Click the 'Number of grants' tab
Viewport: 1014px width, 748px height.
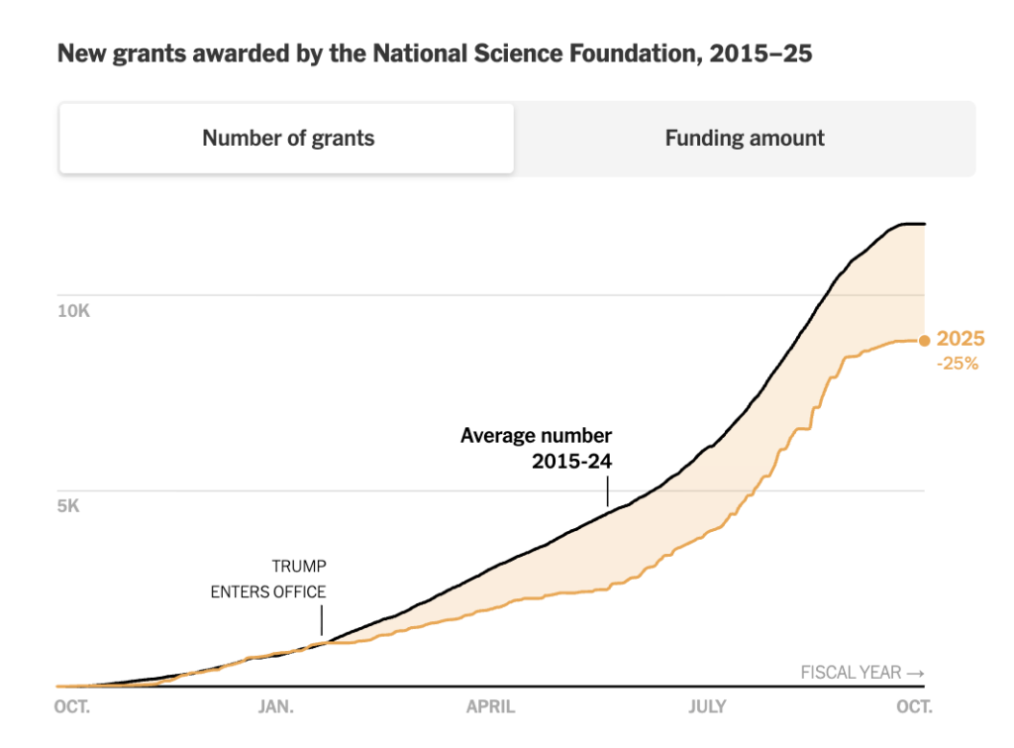pos(286,139)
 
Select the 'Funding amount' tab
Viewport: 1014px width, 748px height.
pos(745,139)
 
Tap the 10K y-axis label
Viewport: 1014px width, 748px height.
pos(73,311)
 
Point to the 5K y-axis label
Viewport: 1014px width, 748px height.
pos(68,506)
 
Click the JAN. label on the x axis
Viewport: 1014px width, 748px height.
pos(276,706)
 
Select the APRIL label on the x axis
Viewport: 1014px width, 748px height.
pos(491,706)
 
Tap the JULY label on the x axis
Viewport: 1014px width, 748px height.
pos(707,706)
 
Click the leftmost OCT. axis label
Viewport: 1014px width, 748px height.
pos(71,706)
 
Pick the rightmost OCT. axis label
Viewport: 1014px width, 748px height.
pos(914,706)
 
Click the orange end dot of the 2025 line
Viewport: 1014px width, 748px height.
pos(925,341)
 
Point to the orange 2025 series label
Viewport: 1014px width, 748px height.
pos(961,339)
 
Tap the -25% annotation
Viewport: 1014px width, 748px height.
pos(958,364)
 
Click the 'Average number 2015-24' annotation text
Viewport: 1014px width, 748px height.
pos(536,449)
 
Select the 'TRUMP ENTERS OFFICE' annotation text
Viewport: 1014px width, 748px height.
pos(268,580)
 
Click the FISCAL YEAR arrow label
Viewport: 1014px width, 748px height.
pos(862,673)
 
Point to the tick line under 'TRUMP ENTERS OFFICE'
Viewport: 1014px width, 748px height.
pos(322,621)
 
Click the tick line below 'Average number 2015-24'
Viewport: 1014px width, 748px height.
pos(608,491)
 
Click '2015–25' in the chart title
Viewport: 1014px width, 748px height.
pos(760,53)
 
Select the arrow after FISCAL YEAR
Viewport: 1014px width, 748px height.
pos(916,674)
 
